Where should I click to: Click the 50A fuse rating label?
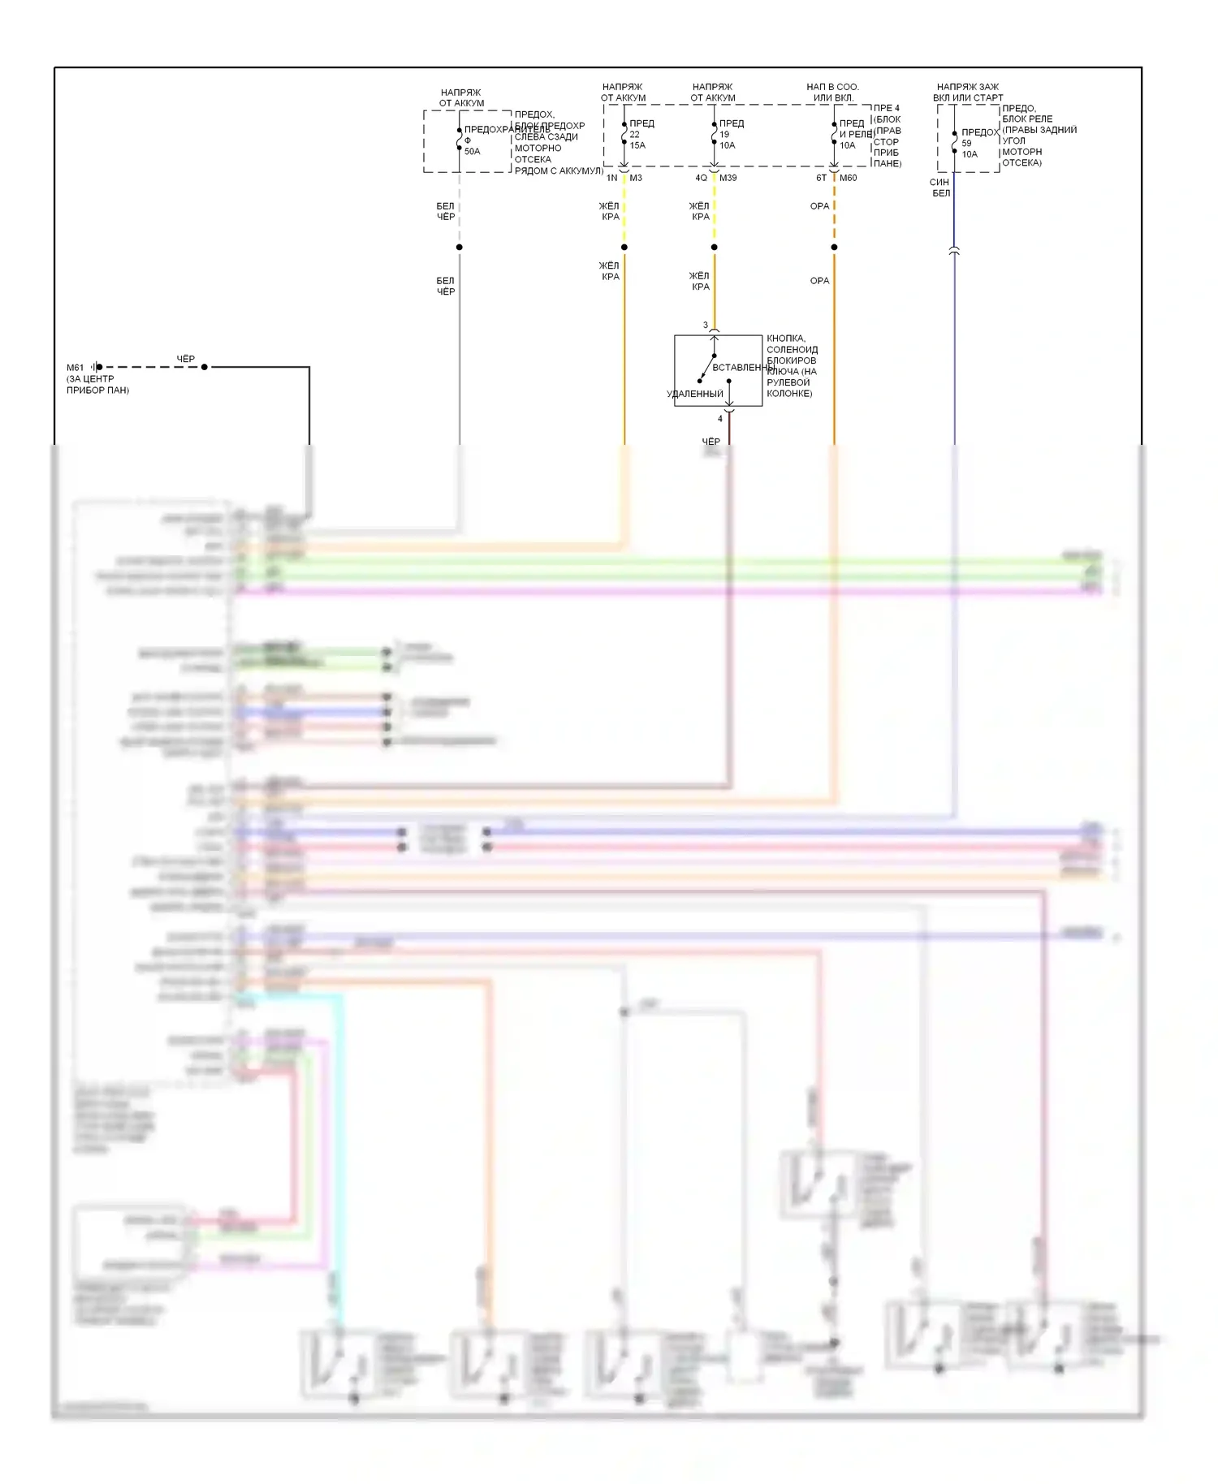pyautogui.click(x=472, y=152)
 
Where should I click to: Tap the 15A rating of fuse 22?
pyautogui.click(x=637, y=145)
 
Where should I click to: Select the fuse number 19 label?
pyautogui.click(x=724, y=135)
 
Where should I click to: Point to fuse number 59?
pyautogui.click(x=966, y=143)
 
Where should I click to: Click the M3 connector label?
pyautogui.click(x=636, y=178)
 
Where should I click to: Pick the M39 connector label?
pyautogui.click(x=728, y=178)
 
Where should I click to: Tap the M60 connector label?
pyautogui.click(x=848, y=178)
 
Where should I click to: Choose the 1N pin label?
pyautogui.click(x=611, y=178)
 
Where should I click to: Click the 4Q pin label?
pyautogui.click(x=701, y=178)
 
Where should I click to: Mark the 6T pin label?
pyautogui.click(x=821, y=178)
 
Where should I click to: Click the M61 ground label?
pyautogui.click(x=75, y=368)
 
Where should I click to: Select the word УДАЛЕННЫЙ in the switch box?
pyautogui.click(x=694, y=395)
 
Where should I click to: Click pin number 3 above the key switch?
pyautogui.click(x=705, y=326)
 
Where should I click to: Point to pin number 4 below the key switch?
pyautogui.click(x=719, y=419)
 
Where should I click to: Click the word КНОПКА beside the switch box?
pyautogui.click(x=785, y=339)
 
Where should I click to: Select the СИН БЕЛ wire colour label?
pyautogui.click(x=940, y=188)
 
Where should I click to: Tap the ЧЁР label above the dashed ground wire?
pyautogui.click(x=186, y=359)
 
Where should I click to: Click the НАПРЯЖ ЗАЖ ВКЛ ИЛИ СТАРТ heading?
pyautogui.click(x=968, y=93)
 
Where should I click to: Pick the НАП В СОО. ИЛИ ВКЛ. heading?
pyautogui.click(x=832, y=93)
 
